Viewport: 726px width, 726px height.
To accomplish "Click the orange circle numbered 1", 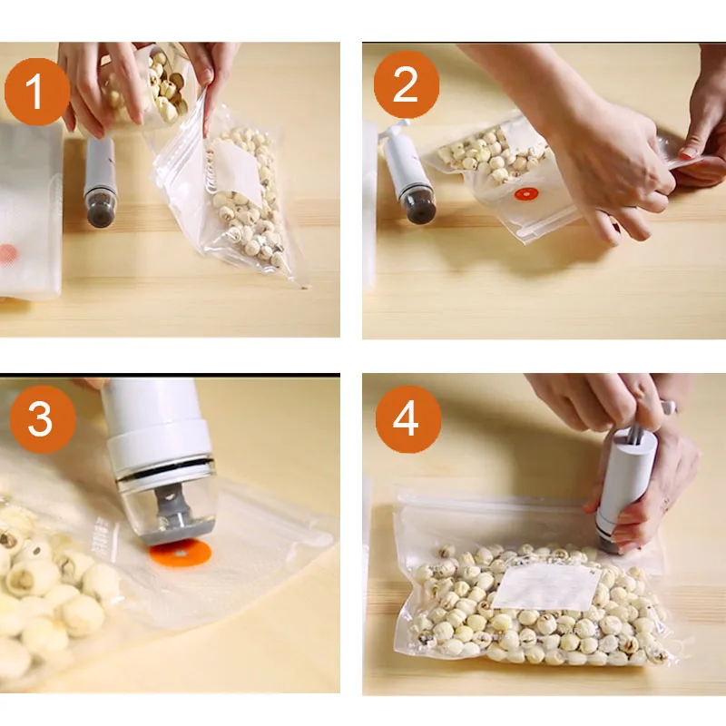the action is coord(37,92).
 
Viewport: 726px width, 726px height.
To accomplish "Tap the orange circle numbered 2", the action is coord(406,84).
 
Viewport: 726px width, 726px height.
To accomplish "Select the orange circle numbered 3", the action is coord(43,419).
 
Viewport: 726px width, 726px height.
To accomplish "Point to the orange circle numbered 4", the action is coord(407,419).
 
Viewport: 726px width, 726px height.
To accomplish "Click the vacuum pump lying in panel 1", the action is coord(99,181).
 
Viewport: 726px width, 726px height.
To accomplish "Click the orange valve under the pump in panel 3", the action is coord(181,554).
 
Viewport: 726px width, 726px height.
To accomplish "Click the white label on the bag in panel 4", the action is coord(545,586).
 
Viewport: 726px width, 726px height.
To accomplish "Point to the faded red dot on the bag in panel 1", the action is coord(8,253).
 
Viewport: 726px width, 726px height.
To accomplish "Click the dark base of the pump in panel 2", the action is coord(419,203).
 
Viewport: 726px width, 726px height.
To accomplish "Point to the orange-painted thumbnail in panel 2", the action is coord(686,153).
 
